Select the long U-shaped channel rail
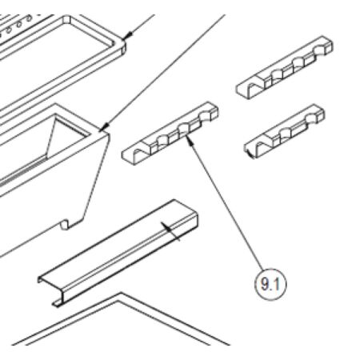click(x=120, y=253)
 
